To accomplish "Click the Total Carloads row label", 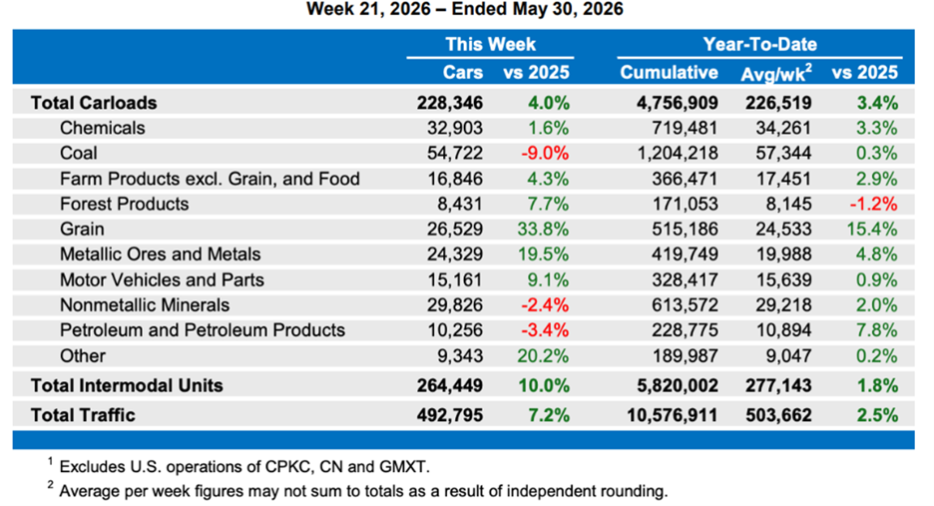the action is (x=94, y=103).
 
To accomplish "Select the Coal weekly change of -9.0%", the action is (x=545, y=153).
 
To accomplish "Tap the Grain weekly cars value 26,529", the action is (x=454, y=229).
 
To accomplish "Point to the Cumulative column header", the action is (x=669, y=72).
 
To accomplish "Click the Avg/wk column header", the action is (x=775, y=73).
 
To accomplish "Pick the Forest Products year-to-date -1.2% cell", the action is (x=873, y=204).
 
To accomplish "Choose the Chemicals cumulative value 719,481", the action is (x=684, y=128).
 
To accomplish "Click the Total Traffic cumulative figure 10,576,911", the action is (x=672, y=415).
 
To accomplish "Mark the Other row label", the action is (x=82, y=356).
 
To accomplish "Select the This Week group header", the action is (x=490, y=44).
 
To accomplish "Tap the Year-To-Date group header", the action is (x=759, y=44).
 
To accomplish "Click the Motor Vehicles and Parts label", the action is (x=162, y=279).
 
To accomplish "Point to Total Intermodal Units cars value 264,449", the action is (x=450, y=385).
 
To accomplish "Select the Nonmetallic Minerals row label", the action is (x=144, y=305).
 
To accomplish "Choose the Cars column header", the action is (x=463, y=72).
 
